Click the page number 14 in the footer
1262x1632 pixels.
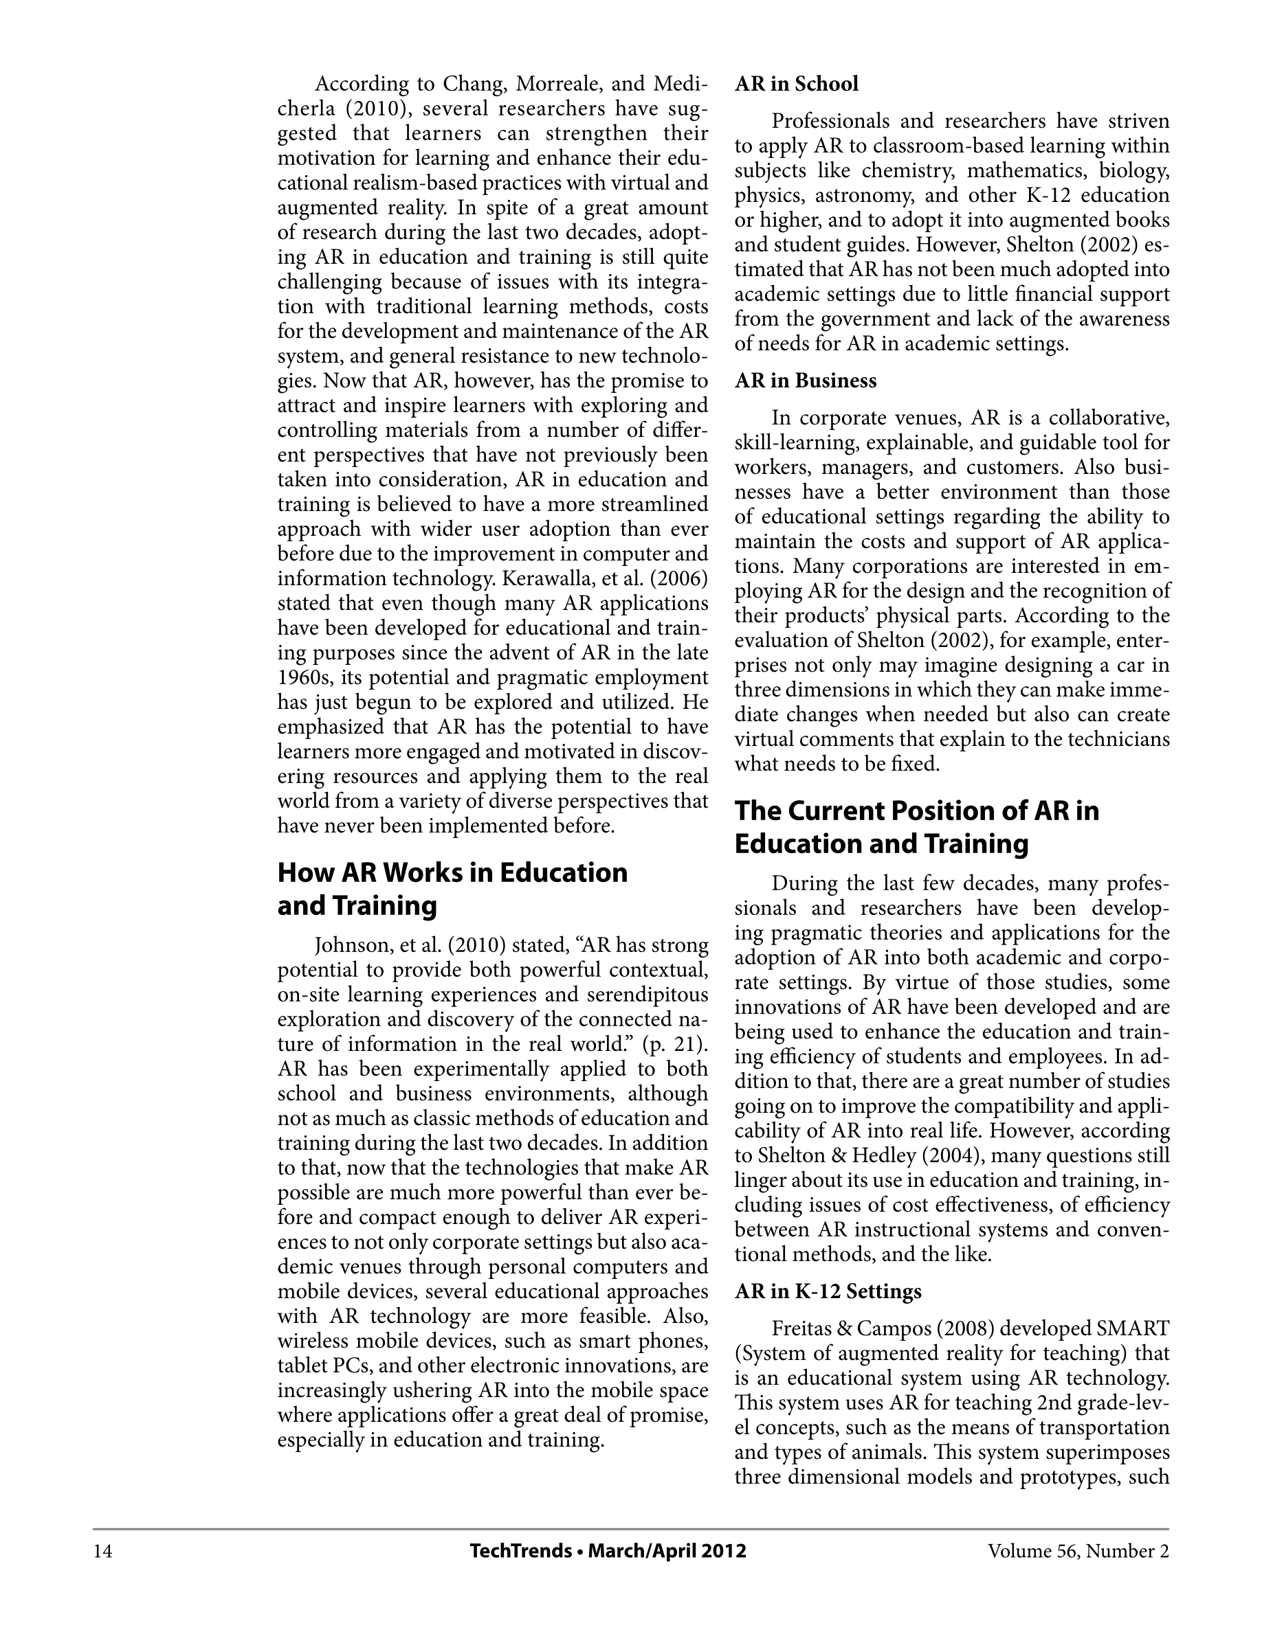[x=103, y=1552]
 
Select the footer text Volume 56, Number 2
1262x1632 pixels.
[x=1077, y=1552]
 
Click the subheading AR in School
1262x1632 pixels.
[x=796, y=84]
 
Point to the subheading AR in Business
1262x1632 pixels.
[x=805, y=381]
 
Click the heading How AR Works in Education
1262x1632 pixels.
[x=452, y=873]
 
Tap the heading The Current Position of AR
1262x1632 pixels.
[x=916, y=811]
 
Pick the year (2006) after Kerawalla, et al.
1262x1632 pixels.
[x=680, y=579]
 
